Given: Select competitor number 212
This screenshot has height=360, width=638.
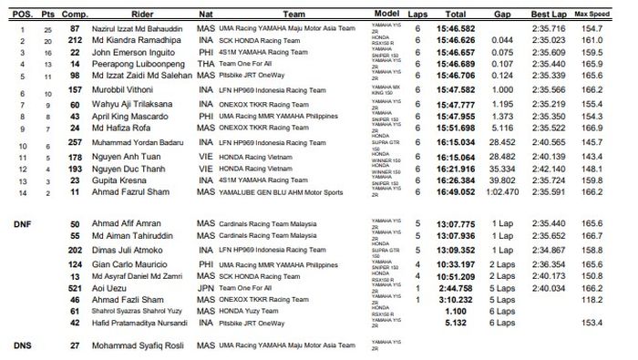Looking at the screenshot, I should (75, 41).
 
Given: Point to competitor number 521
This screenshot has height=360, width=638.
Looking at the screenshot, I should (75, 312).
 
